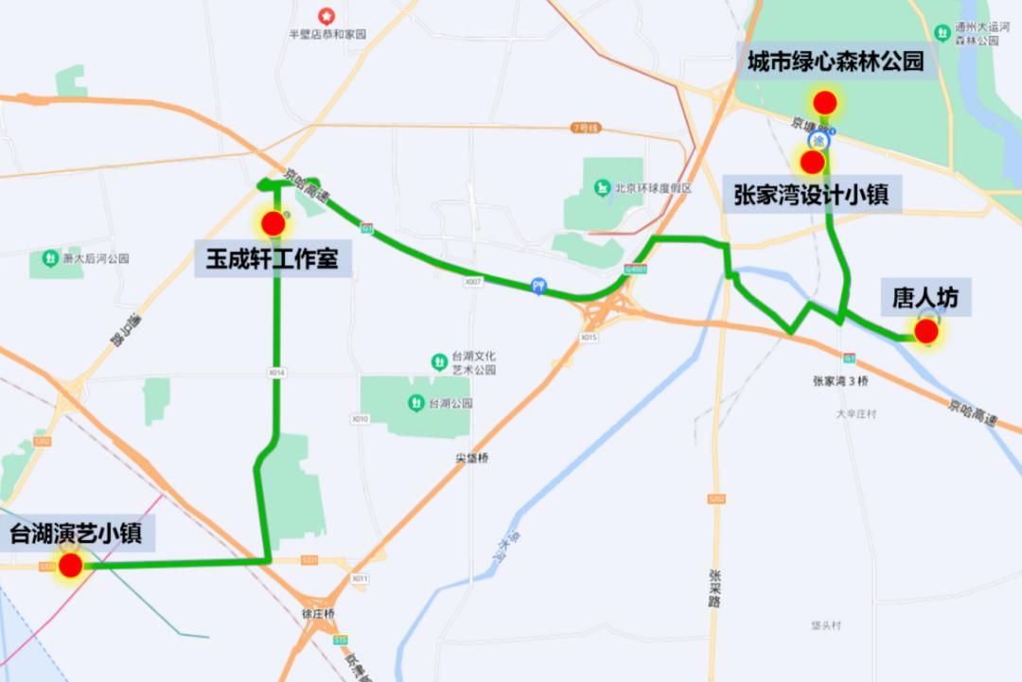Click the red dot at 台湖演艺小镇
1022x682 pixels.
pyautogui.click(x=70, y=566)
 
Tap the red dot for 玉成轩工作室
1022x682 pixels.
pyautogui.click(x=273, y=224)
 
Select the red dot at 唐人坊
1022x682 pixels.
pyautogui.click(x=926, y=331)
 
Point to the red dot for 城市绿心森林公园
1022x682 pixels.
pyautogui.click(x=825, y=102)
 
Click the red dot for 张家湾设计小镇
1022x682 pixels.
pyautogui.click(x=812, y=162)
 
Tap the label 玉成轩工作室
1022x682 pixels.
pyautogui.click(x=273, y=257)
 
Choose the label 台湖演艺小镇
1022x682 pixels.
pyautogui.click(x=76, y=533)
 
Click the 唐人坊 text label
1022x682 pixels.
pyautogui.click(x=925, y=298)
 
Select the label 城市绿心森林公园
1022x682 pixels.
pyautogui.click(x=835, y=62)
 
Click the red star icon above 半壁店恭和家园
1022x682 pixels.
pyautogui.click(x=326, y=15)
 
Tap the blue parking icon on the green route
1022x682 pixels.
pyautogui.click(x=538, y=285)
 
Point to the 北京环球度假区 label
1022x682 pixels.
pyautogui.click(x=653, y=188)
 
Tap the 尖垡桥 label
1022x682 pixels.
pyautogui.click(x=471, y=458)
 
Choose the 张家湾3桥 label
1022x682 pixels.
pyautogui.click(x=840, y=381)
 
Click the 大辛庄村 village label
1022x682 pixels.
pyautogui.click(x=856, y=414)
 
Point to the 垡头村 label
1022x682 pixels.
pyautogui.click(x=826, y=625)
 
